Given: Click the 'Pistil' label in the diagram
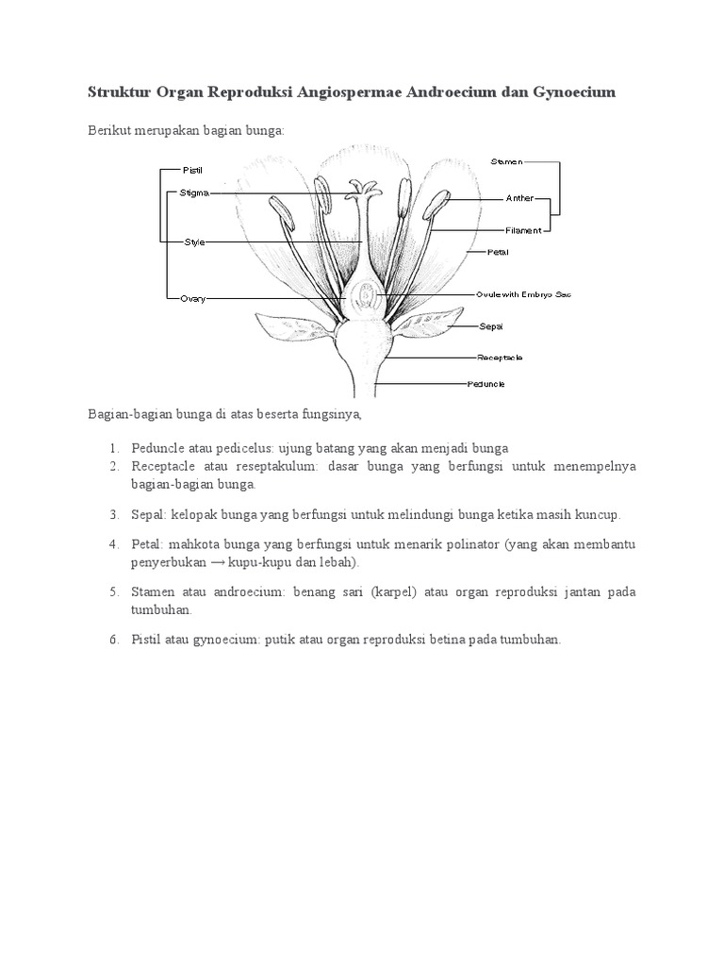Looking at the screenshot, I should (x=192, y=170).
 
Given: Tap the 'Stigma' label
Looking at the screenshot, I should (x=194, y=193).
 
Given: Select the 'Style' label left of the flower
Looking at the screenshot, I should (x=194, y=242).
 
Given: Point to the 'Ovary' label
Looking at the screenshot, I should (x=192, y=299).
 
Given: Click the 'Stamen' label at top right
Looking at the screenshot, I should (x=506, y=162).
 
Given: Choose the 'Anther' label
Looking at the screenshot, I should (x=519, y=198).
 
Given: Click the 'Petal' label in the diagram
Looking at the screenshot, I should (x=498, y=252).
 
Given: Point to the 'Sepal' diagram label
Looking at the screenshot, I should (x=491, y=326).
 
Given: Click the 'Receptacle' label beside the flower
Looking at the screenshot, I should (x=500, y=358).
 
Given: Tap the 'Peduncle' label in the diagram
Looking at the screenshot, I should (x=486, y=384).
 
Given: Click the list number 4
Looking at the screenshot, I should (x=111, y=545).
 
